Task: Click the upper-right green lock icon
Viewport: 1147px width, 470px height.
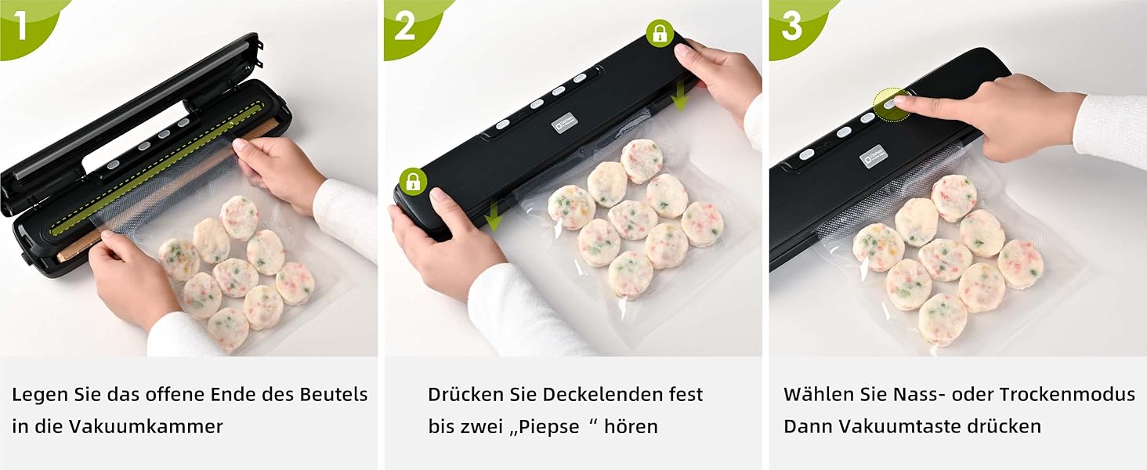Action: tap(660, 34)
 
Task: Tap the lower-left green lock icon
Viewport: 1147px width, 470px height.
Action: tap(413, 181)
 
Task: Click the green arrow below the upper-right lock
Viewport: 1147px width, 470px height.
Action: tap(679, 97)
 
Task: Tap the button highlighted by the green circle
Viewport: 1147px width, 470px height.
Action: tap(891, 104)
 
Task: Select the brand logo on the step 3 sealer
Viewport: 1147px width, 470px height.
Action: tap(873, 156)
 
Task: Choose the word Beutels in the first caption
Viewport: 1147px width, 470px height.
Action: tap(334, 394)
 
